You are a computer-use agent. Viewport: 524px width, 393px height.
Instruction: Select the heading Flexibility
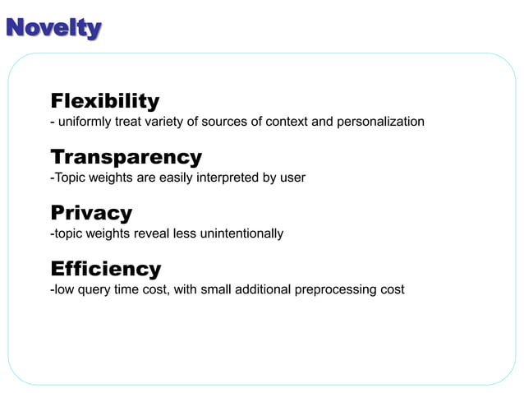click(105, 101)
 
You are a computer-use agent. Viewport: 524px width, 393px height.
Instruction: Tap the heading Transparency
click(126, 157)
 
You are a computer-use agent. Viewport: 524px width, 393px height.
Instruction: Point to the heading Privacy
click(91, 213)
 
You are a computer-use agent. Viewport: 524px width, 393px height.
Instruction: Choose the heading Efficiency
click(106, 269)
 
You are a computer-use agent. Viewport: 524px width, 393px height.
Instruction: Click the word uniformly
click(86, 122)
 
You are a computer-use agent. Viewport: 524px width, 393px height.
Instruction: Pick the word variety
click(172, 122)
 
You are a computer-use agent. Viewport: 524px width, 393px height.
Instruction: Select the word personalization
click(381, 122)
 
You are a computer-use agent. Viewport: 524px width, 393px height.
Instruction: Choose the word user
click(292, 178)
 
